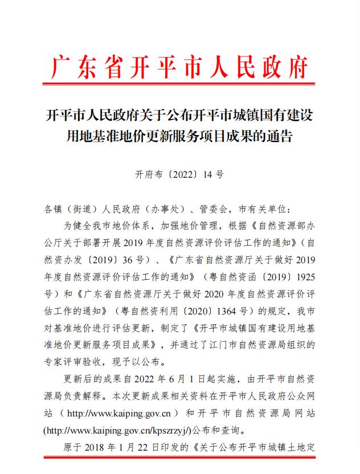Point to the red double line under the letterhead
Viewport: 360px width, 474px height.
pyautogui.click(x=179, y=87)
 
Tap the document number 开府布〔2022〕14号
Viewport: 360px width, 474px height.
pyautogui.click(x=179, y=175)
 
